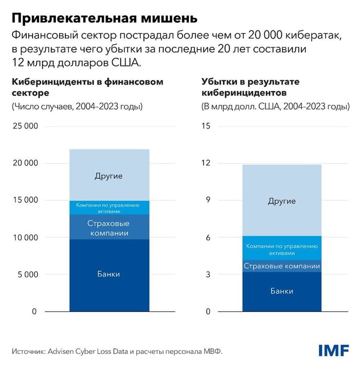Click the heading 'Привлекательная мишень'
104,19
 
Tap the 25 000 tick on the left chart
24,126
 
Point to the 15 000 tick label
24,200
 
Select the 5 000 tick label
26,274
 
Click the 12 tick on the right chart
206,163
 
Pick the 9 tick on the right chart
208,200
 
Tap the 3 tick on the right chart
208,274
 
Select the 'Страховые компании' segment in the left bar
109,227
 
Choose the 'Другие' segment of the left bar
109,175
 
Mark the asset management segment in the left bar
109,208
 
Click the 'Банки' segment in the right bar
282,292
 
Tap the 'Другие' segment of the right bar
282,201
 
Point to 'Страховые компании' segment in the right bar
282,266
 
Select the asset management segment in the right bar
282,249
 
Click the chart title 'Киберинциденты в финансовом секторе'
87,87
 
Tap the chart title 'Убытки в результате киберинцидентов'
251,87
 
